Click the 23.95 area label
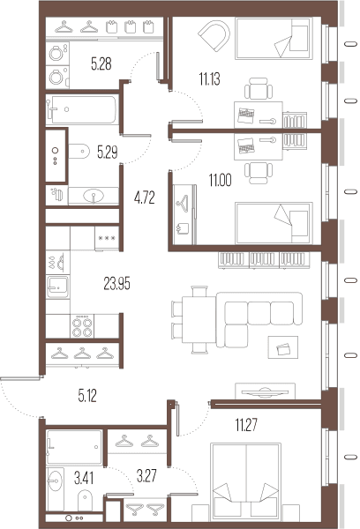(x=116, y=284)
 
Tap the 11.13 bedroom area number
(x=209, y=79)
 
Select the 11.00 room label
(x=221, y=180)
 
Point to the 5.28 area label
(x=101, y=63)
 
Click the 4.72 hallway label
(x=144, y=198)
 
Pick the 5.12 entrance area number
(x=87, y=396)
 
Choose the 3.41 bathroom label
(x=84, y=478)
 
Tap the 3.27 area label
(x=146, y=476)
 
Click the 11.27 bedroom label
(x=246, y=425)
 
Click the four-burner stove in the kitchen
(x=82, y=326)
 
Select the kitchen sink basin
(x=57, y=287)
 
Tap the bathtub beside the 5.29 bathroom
(x=82, y=109)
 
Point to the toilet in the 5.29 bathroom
(x=79, y=151)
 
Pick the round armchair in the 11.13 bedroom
(x=214, y=35)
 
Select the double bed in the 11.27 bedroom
(x=246, y=480)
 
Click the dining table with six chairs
(x=193, y=320)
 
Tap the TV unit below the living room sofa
(x=265, y=391)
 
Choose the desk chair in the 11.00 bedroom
(x=259, y=173)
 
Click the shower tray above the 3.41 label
(x=74, y=447)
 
